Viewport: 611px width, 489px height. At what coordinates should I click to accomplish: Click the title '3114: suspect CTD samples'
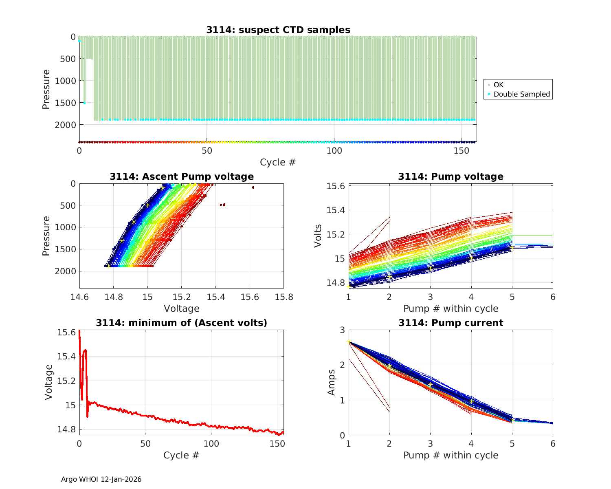(278, 30)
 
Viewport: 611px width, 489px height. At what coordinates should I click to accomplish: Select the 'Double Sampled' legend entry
(521, 94)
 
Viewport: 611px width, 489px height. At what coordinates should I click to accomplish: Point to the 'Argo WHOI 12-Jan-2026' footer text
(101, 479)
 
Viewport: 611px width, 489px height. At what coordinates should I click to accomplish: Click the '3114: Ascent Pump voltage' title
(181, 176)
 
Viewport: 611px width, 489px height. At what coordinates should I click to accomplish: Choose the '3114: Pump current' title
(451, 323)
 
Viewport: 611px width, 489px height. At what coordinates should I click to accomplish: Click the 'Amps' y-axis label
(332, 382)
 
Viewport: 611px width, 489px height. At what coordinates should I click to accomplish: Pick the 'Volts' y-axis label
(318, 236)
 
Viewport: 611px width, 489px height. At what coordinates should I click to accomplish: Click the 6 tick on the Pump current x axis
(553, 443)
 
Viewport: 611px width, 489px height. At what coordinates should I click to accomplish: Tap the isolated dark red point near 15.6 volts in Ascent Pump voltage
(253, 187)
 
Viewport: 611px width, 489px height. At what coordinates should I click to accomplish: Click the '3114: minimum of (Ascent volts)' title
(181, 323)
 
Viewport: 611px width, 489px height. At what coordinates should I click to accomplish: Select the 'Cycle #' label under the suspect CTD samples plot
(278, 162)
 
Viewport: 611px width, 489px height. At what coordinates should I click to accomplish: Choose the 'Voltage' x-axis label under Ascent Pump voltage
(181, 308)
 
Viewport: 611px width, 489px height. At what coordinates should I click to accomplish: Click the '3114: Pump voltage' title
(451, 176)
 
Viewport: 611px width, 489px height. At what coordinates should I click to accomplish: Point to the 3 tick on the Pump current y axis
(341, 330)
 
